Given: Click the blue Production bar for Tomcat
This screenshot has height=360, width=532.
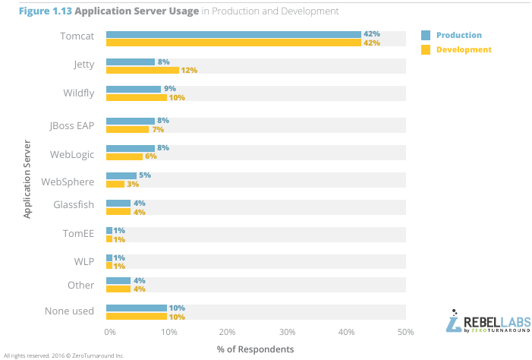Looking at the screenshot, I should [233, 34].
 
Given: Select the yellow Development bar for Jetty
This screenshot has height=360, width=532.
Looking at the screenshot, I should [142, 70].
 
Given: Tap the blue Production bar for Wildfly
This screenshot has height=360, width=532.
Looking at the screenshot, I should [134, 89].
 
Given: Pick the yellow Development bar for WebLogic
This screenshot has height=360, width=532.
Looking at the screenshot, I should [124, 156].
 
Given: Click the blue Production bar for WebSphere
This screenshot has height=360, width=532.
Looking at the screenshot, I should [121, 175].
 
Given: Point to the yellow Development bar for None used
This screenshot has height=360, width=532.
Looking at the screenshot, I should [136, 316].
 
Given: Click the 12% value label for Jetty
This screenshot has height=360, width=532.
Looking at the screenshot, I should [189, 71].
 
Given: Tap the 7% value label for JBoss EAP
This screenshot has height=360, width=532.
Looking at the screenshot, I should [158, 129].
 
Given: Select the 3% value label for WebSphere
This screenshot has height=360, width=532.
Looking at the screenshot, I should [133, 185].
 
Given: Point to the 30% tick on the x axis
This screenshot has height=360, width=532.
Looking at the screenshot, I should [287, 333].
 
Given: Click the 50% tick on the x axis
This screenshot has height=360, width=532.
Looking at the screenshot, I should [406, 333].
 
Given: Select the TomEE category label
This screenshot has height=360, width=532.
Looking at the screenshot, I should [79, 234].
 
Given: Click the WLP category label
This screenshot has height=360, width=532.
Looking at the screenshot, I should [83, 261].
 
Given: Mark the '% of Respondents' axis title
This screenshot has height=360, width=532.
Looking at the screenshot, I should [255, 350].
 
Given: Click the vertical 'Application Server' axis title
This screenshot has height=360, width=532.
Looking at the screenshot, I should [27, 178].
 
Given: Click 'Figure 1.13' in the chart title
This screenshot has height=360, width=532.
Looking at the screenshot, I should [35, 11].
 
